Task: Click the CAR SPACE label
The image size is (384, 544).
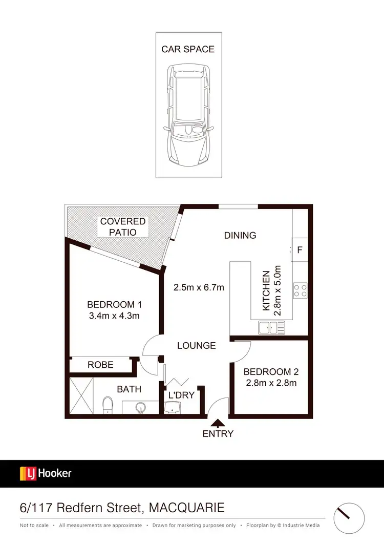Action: pos(188,49)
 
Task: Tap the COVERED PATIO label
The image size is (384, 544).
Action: pos(123,226)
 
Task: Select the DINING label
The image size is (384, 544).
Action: pos(240,235)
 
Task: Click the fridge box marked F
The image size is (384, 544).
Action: pos(300,250)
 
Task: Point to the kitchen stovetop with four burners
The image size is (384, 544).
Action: pos(300,291)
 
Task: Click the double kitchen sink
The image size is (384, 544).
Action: pos(271,327)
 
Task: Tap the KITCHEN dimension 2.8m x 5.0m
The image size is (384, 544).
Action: pos(272,290)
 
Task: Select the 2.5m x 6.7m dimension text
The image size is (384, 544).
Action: pos(199,287)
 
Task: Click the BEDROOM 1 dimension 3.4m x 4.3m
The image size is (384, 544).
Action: pos(113,316)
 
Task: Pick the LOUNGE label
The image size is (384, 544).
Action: pos(196,346)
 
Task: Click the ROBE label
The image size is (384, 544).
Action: pos(100,365)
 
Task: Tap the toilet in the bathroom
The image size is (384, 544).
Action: pos(108,405)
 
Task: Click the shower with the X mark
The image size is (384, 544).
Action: pos(82,395)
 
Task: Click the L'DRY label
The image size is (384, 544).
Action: pos(181,395)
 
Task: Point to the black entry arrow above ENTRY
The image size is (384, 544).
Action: pos(218,423)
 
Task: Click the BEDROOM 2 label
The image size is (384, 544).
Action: pos(271,372)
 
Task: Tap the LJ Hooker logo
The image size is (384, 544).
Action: pos(46,473)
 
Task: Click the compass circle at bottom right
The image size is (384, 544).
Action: pos(349,518)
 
